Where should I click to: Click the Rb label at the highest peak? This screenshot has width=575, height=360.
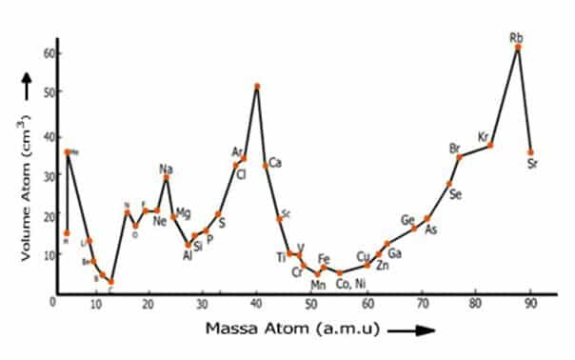coord(517,37)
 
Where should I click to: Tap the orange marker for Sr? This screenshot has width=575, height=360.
coord(530,151)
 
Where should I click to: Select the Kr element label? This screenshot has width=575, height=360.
coord(484,136)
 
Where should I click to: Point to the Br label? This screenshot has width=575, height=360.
coord(455,148)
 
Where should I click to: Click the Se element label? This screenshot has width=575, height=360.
coord(456,195)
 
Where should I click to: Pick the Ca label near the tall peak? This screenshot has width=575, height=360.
coord(275,164)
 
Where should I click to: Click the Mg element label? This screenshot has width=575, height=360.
coord(184,212)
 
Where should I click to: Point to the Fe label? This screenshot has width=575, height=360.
coord(324,258)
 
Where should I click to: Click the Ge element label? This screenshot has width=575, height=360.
coord(407,220)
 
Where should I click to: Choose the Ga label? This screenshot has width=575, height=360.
coord(395,252)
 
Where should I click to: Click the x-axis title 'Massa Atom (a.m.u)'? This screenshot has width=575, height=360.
coord(291,330)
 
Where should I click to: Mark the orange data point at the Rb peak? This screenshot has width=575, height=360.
coord(518,47)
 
